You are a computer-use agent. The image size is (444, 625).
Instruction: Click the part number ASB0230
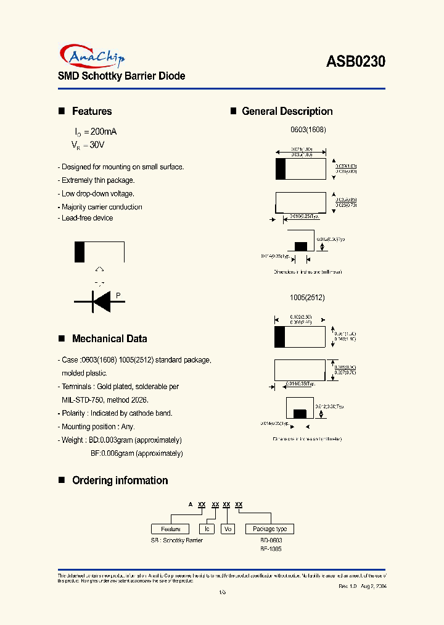tap(355, 61)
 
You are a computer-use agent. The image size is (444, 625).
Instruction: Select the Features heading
tap(92, 112)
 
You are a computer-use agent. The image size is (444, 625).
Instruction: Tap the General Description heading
tap(287, 112)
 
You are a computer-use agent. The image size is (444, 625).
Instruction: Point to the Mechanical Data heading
tap(109, 339)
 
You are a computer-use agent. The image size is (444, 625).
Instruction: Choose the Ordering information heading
tap(120, 480)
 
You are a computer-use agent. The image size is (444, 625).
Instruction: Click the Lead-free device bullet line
tap(87, 218)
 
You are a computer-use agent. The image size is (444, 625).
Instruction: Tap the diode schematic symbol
tap(100, 301)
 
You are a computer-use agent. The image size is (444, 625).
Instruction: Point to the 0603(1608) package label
tap(308, 130)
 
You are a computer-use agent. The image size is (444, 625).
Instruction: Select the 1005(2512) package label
tap(306, 298)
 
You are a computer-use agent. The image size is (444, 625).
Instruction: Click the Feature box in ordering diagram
tap(170, 529)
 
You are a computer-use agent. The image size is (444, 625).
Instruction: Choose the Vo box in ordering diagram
tap(228, 529)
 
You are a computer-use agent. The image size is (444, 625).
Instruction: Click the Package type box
tap(269, 529)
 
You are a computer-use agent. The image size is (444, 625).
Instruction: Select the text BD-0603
tap(271, 540)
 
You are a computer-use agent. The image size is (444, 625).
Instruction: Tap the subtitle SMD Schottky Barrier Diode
tap(121, 77)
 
